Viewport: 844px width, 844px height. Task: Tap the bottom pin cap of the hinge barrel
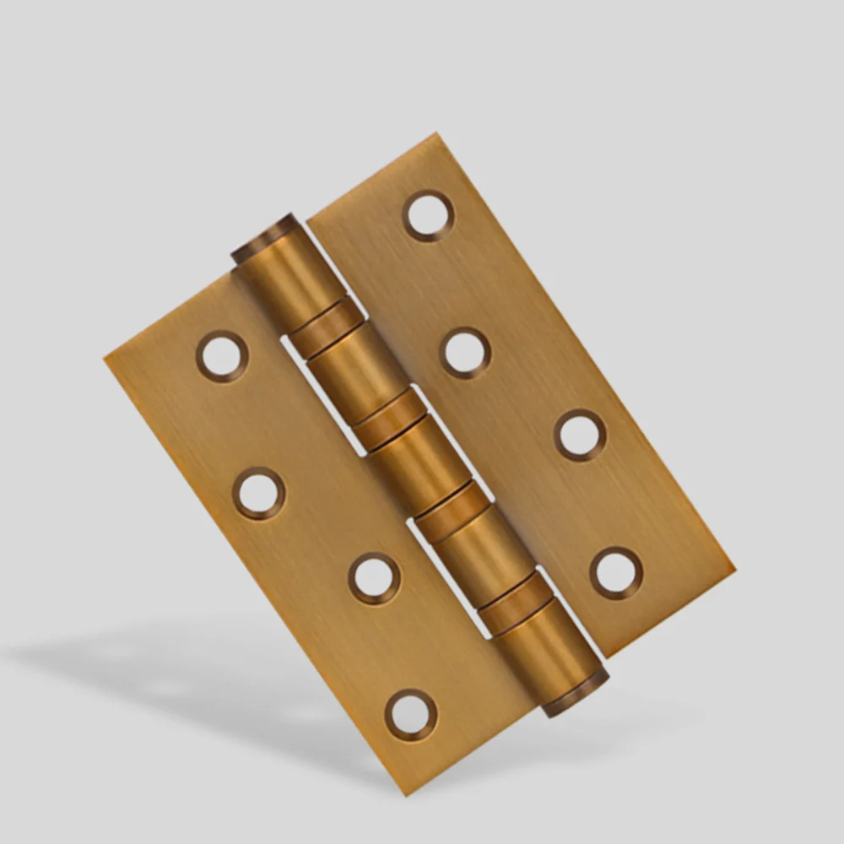(576, 694)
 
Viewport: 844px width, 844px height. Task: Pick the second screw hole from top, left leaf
(259, 493)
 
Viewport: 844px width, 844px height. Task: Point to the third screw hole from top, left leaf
(374, 578)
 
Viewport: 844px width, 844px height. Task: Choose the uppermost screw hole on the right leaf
(429, 215)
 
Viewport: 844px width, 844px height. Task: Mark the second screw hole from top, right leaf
(465, 352)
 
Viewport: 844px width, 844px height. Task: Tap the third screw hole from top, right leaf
(580, 435)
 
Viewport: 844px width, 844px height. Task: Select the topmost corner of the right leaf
(434, 133)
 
